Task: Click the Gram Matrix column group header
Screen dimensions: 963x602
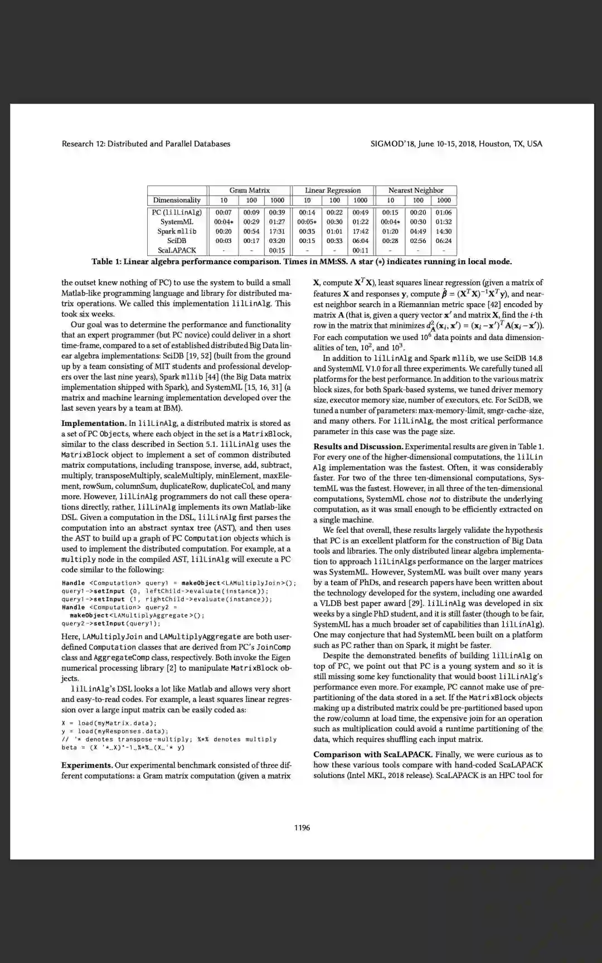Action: tap(249, 191)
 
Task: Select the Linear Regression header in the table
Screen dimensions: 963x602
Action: tap(333, 191)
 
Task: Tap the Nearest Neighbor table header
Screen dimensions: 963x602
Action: tap(416, 191)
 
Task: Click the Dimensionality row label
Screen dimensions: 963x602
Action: tap(177, 200)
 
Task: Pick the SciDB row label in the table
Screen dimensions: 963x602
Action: tap(177, 241)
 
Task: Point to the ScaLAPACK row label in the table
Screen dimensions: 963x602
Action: tap(177, 250)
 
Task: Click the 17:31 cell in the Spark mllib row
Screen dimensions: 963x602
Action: tap(277, 231)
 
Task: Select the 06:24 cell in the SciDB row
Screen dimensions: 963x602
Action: tap(444, 241)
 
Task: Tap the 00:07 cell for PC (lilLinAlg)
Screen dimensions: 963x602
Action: tap(224, 212)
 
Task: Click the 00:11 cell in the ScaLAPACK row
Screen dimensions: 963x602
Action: tap(361, 250)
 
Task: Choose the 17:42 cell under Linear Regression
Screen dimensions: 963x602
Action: tap(361, 231)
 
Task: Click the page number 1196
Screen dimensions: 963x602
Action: tap(302, 828)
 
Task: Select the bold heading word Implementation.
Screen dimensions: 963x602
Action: tap(94, 424)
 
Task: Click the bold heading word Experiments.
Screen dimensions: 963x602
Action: tap(87, 765)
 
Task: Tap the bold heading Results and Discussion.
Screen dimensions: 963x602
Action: tap(358, 446)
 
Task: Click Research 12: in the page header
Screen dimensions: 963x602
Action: tap(83, 144)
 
